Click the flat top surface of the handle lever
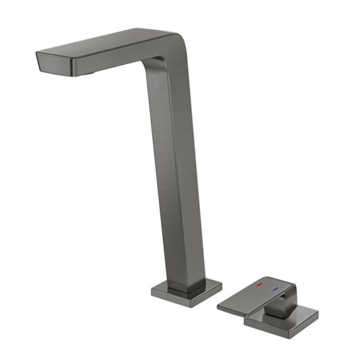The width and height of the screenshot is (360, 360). tap(251, 292)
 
